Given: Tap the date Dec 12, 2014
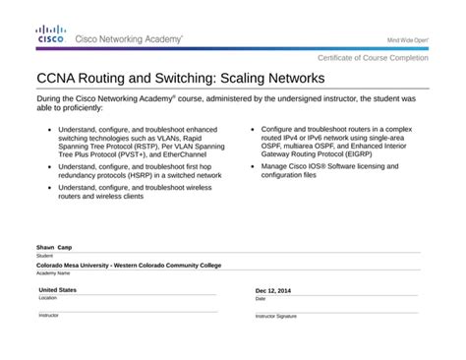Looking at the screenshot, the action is pyautogui.click(x=273, y=291).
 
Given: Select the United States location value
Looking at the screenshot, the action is pyautogui.click(x=57, y=290).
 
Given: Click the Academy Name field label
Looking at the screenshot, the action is pyautogui.click(x=53, y=273).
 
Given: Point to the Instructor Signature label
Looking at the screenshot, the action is pyautogui.click(x=276, y=317).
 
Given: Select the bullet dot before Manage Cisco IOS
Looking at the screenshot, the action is pyautogui.click(x=254, y=166).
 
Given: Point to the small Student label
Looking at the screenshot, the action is pyautogui.click(x=44, y=256).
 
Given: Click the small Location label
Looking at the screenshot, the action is pyautogui.click(x=48, y=298).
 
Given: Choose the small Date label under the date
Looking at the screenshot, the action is pyautogui.click(x=261, y=299).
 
